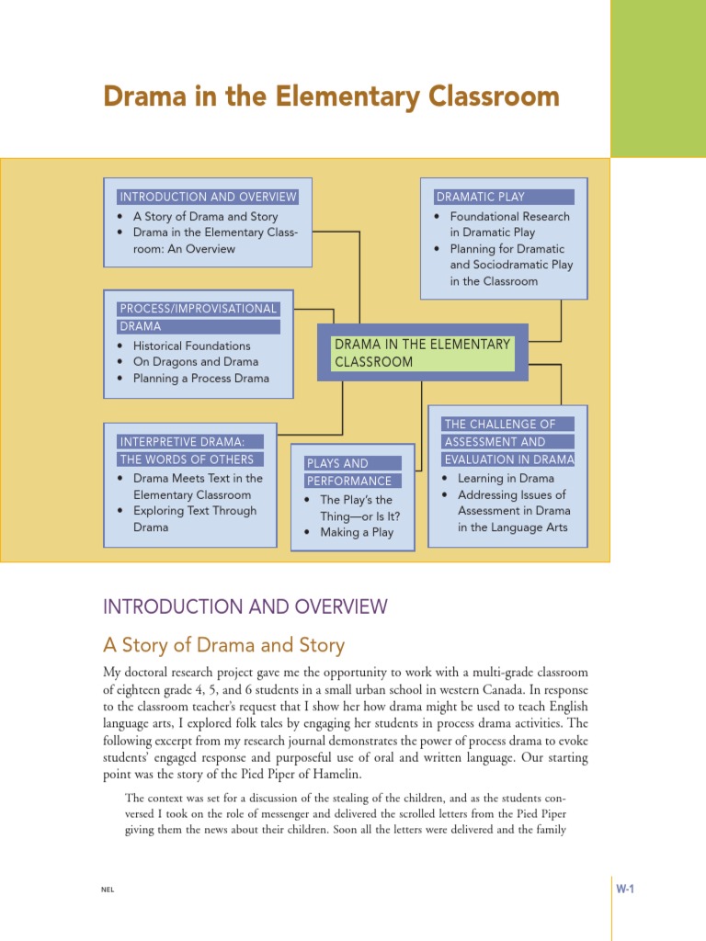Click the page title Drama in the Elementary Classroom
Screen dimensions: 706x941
coord(331,96)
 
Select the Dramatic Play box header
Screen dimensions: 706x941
coord(504,197)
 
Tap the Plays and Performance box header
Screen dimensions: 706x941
coord(353,471)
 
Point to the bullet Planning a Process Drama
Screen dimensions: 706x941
coord(200,378)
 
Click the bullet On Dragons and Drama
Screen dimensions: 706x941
coord(195,362)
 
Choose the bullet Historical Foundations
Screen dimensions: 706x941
coord(191,346)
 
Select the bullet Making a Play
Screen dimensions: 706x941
coord(356,532)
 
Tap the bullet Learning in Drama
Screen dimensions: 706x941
coord(506,478)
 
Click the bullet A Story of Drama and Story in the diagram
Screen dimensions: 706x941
coord(205,217)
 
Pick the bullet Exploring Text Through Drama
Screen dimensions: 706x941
coord(195,519)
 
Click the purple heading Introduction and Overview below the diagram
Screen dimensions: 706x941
coord(245,607)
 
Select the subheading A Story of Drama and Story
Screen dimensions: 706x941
coord(224,645)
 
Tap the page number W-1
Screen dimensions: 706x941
coord(627,889)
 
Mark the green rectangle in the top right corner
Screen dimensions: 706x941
coord(657,78)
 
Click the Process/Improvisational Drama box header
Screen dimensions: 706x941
coord(199,317)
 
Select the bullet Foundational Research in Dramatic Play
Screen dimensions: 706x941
coord(509,225)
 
